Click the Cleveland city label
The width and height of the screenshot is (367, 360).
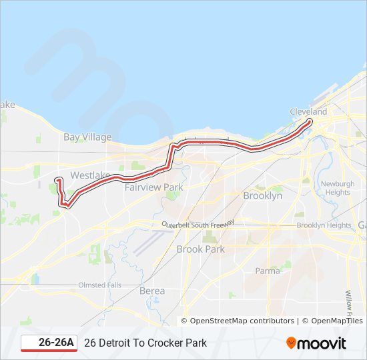pos(308,111)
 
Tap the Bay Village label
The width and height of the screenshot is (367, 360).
pos(87,137)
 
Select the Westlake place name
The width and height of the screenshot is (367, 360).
pos(90,175)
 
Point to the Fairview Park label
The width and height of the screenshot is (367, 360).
pos(153,187)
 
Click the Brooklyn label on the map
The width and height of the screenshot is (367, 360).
pos(262,195)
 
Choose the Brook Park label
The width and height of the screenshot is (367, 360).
pos(200,249)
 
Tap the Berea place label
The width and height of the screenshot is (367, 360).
pos(152,291)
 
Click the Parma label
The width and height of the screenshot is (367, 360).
pos(268,271)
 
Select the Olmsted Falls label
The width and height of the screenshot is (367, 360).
pos(100,285)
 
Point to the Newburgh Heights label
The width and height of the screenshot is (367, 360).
pos(338,188)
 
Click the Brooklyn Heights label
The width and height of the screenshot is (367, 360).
pos(324,225)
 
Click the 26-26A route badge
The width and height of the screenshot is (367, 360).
pos(50,343)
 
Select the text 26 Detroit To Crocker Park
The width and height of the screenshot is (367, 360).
pos(145,343)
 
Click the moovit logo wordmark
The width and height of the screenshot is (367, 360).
pos(322,343)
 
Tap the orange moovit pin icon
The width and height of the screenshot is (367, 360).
pos(291,343)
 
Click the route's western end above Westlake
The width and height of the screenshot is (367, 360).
pos(57,179)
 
